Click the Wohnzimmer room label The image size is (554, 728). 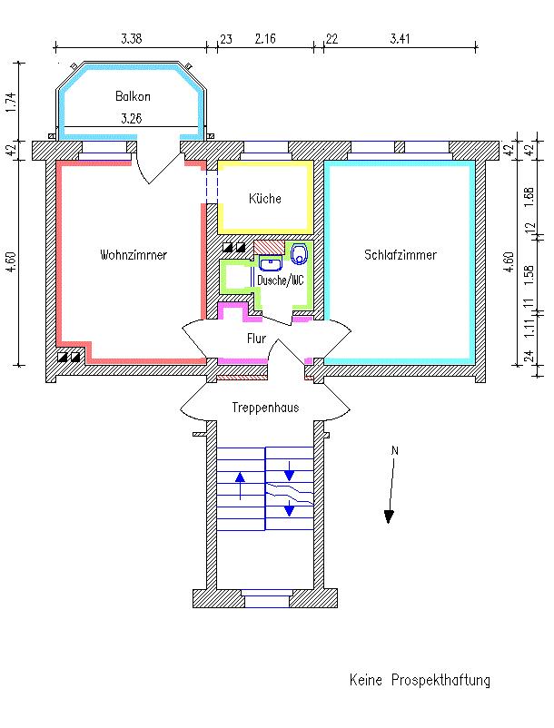tap(134, 255)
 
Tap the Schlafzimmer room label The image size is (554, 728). tap(400, 255)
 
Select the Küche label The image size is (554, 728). tap(265, 199)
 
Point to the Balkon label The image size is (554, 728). tap(133, 96)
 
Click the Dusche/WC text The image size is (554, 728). tap(280, 280)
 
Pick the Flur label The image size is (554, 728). tap(256, 339)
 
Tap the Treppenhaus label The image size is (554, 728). tap(265, 408)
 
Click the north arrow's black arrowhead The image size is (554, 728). tap(390, 516)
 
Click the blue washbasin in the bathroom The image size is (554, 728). tap(270, 263)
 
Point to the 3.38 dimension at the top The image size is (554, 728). tap(132, 39)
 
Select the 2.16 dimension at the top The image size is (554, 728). tap(266, 39)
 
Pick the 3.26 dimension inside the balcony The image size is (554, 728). tap(133, 117)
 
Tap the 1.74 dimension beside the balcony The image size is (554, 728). tap(11, 102)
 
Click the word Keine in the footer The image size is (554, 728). tap(366, 680)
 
